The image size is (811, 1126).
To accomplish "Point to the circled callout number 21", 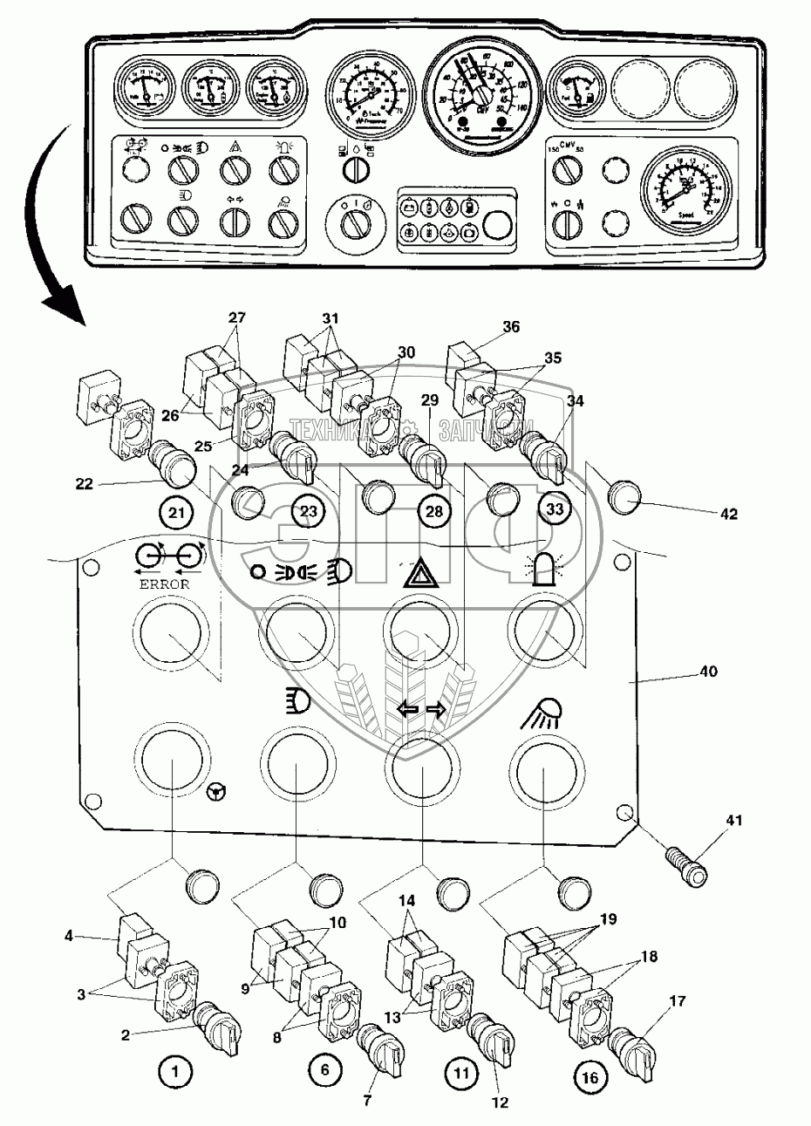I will [178, 512].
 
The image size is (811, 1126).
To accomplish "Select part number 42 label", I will [728, 515].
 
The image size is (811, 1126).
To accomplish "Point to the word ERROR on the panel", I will [164, 583].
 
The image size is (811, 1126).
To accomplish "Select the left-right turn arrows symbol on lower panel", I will [422, 710].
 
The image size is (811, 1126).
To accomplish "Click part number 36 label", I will [512, 327].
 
